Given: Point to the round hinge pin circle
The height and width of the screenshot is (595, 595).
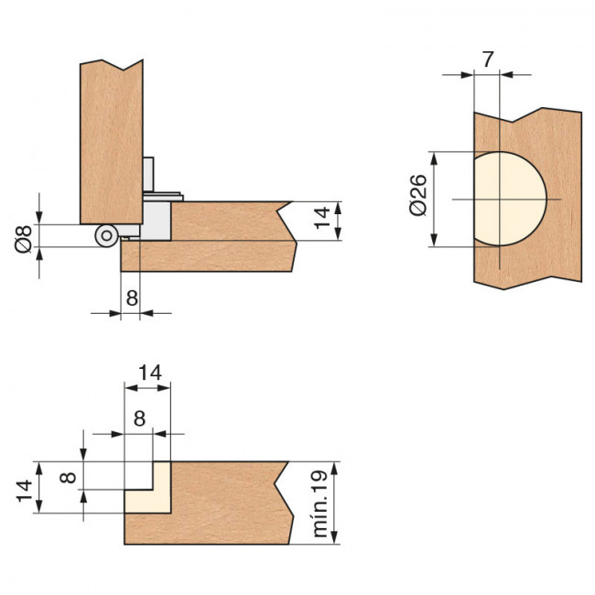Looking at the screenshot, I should (x=107, y=235).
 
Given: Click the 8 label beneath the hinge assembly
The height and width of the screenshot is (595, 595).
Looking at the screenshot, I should (x=131, y=297).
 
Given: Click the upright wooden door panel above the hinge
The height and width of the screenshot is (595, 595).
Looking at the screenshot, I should (x=111, y=137).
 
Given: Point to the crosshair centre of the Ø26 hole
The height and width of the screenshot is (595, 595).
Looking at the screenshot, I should (x=502, y=199).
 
